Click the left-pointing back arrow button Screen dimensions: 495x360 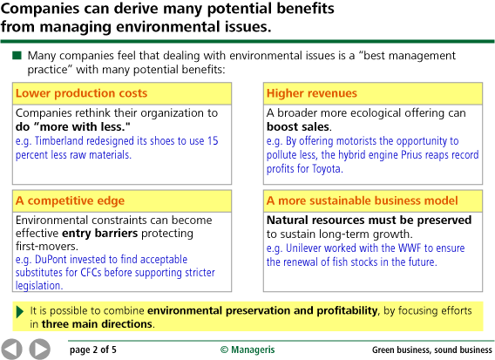coord(11,349)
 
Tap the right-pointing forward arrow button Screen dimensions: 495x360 coord(40,349)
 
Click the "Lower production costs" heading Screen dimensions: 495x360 coord(81,93)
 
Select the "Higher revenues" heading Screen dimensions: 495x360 coord(312,93)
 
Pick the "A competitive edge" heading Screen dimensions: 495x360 coord(70,200)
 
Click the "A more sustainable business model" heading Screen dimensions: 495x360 coord(362,200)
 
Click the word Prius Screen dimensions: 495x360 coord(411,155)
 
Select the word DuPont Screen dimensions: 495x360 coord(51,259)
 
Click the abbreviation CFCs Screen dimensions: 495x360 coord(91,272)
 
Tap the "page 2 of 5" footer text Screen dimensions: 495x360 coord(92,350)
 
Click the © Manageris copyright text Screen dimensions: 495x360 coord(247,350)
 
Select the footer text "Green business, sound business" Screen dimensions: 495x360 coord(432,350)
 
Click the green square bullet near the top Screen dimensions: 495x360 coord(17,56)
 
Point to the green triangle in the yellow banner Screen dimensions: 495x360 coord(19,312)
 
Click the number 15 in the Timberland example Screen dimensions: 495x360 coord(213,141)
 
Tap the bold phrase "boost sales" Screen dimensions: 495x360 coord(298,126)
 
